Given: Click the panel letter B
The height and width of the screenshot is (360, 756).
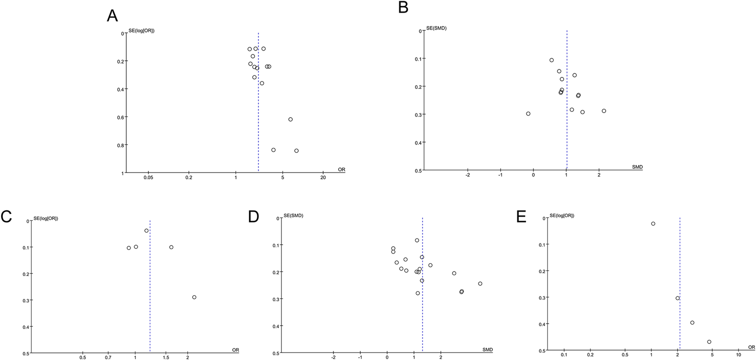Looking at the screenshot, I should (x=403, y=7).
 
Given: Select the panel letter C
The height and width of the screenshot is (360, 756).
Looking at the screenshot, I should (x=6, y=217).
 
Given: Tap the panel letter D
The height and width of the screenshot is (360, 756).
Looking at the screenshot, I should (x=253, y=217).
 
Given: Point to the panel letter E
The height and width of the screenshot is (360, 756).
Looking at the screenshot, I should (x=521, y=217).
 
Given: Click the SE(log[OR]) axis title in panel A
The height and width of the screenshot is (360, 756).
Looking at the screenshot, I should (x=141, y=30).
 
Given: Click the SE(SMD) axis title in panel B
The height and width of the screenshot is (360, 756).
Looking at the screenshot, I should (x=436, y=28).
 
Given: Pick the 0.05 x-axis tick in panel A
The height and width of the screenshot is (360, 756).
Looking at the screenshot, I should (x=148, y=178).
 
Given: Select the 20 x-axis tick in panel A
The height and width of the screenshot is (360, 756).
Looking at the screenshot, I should (x=323, y=178).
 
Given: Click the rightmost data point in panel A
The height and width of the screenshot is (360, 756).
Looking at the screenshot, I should (x=296, y=151).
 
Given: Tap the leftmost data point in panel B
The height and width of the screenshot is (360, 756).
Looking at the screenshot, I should (x=528, y=114).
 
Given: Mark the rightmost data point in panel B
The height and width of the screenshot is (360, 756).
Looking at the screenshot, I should (x=604, y=111).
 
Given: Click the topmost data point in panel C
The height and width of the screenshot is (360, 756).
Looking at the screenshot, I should (x=146, y=231).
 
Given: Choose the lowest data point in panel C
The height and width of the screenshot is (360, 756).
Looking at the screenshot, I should (x=194, y=297).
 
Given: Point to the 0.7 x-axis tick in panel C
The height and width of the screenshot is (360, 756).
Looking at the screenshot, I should (x=108, y=358).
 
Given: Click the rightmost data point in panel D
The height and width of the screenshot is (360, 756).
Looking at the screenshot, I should (x=480, y=283).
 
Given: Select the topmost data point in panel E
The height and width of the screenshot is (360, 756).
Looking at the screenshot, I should (x=653, y=223).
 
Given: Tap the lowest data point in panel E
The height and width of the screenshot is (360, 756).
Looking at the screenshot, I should (x=709, y=342).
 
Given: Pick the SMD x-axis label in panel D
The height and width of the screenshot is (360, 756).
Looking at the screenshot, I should (x=488, y=350).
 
